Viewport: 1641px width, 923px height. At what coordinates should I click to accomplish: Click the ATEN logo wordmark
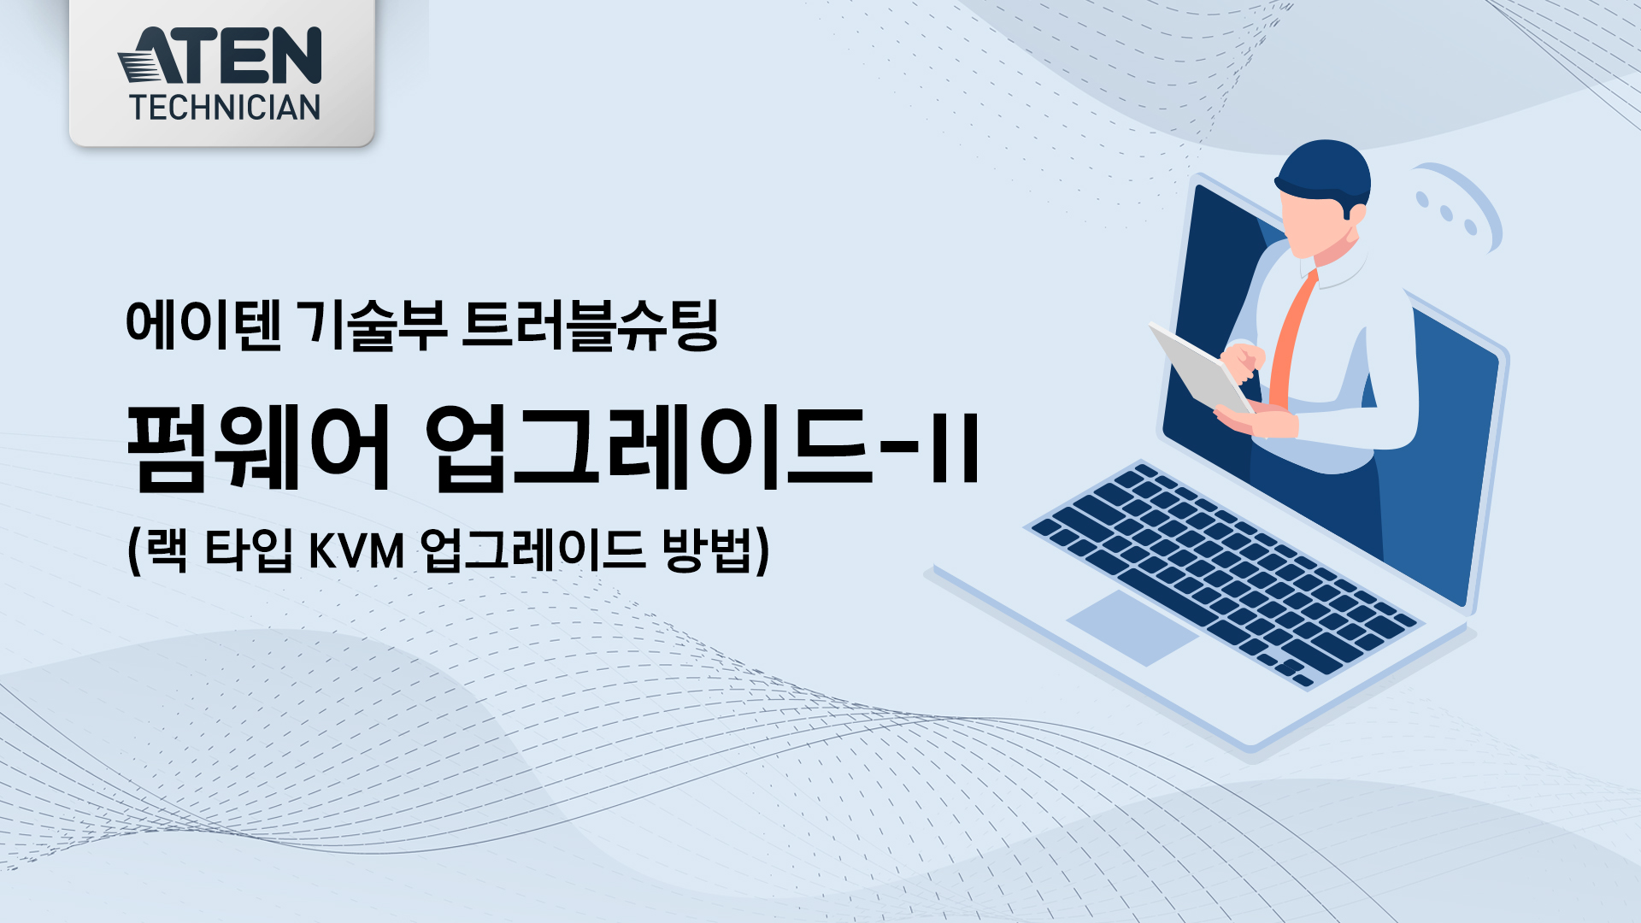221,56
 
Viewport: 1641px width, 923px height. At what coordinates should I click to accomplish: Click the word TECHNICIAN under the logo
225,108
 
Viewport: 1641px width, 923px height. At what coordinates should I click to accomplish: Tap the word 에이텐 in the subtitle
203,325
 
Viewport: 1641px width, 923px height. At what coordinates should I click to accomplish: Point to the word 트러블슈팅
591,325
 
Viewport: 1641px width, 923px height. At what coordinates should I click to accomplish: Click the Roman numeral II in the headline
956,447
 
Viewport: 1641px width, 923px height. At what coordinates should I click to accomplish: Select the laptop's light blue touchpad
1132,627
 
